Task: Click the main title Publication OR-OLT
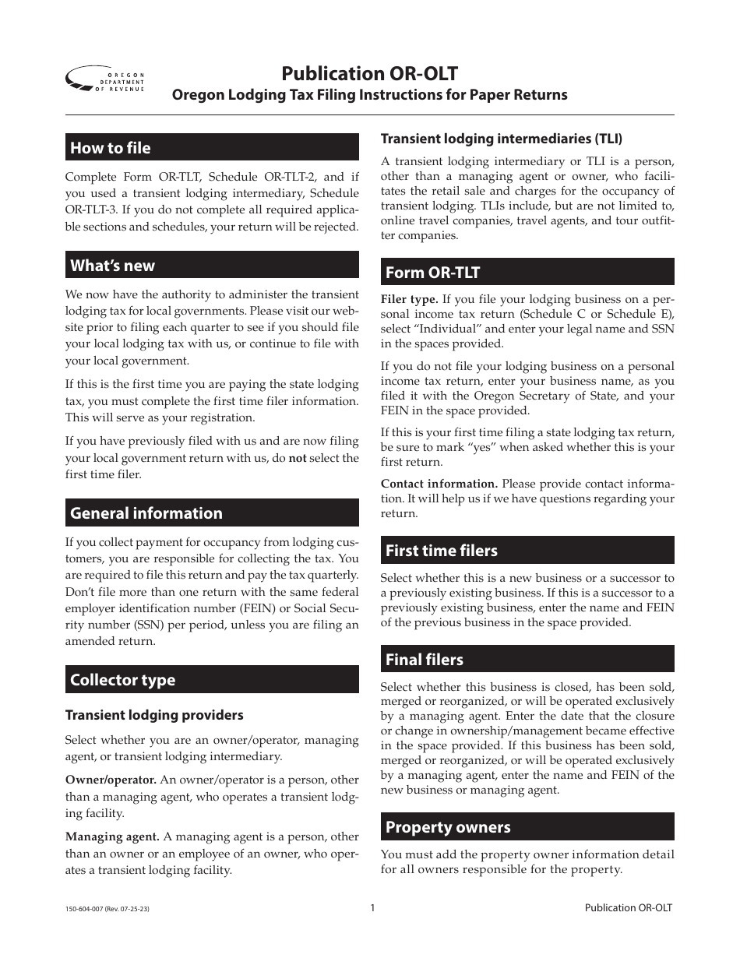coord(369,73)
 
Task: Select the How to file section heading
coord(111,148)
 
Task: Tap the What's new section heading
coord(112,266)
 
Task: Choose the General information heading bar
coord(146,513)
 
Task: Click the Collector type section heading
coord(123,680)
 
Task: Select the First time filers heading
coord(442,551)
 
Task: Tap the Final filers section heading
coord(425,660)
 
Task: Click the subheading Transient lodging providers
coord(154,715)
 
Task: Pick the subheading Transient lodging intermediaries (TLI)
coord(502,139)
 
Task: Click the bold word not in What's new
coord(298,459)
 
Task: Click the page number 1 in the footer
coord(372,907)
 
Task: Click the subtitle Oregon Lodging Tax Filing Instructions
coord(369,95)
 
